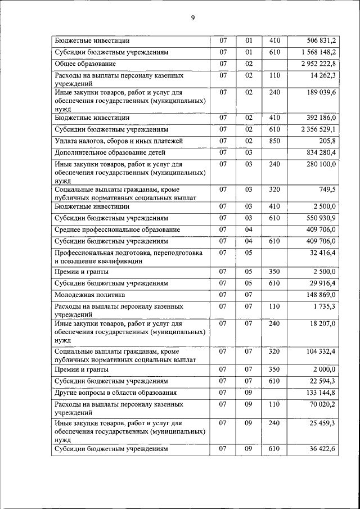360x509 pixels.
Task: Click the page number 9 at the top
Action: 192,18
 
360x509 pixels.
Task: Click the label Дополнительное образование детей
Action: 102,152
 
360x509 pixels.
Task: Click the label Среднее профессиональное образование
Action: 117,229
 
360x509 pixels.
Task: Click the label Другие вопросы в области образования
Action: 115,393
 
